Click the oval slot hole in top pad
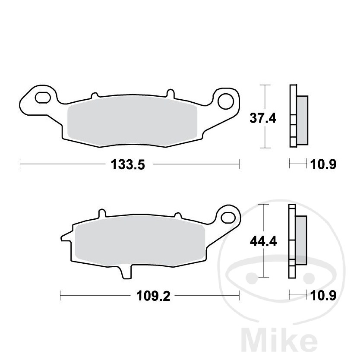coord(43,98)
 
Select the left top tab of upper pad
coord(95,94)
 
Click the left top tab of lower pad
coord(102,213)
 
